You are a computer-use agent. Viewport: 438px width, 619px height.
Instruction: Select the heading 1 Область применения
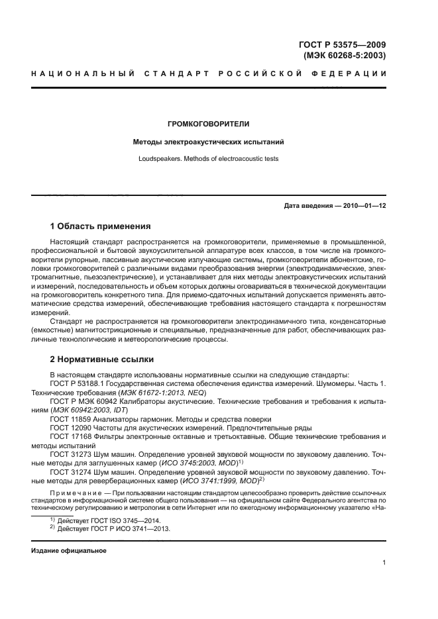point(101,226)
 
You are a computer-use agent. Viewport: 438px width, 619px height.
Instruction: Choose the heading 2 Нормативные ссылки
point(102,359)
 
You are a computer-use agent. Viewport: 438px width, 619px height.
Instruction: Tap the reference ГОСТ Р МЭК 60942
point(85,402)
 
